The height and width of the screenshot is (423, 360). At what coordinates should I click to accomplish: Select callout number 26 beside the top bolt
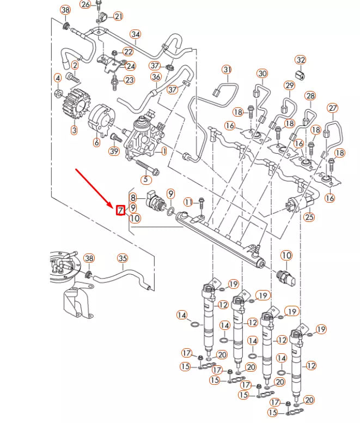[x=85, y=4]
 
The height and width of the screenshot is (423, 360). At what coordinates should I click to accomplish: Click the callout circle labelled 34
[x=136, y=35]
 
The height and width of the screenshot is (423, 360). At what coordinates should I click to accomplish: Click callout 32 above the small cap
[x=301, y=59]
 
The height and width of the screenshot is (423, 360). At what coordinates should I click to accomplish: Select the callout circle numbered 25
[x=309, y=217]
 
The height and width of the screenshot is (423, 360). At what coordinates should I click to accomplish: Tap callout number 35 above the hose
[x=123, y=258]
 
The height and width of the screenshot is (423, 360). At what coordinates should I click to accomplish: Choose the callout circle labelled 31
[x=227, y=69]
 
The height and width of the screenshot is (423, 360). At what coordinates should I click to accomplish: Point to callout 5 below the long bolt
[x=145, y=179]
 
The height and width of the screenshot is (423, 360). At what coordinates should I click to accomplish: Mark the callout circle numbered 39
[x=114, y=151]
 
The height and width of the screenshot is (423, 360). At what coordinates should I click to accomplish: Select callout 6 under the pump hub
[x=96, y=143]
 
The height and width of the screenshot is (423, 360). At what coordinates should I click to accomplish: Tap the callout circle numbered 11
[x=188, y=202]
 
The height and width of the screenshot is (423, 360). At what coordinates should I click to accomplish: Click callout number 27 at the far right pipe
[x=332, y=108]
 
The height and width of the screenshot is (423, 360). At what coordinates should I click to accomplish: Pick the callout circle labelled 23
[x=129, y=80]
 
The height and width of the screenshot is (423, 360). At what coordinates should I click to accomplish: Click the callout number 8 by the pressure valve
[x=133, y=197]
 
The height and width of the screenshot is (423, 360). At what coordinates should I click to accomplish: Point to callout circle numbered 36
[x=156, y=77]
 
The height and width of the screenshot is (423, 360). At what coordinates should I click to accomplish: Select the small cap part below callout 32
[x=299, y=74]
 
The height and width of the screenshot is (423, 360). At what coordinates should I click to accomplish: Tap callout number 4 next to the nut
[x=57, y=78]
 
